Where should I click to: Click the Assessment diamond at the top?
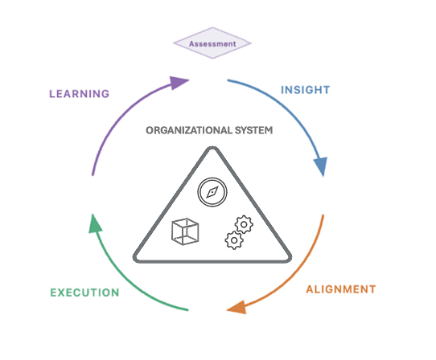[212, 43]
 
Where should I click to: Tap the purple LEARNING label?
[80, 94]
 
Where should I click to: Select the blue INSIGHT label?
[306, 90]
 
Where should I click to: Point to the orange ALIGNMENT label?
[341, 289]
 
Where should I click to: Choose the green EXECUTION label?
[84, 292]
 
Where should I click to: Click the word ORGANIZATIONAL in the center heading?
[189, 130]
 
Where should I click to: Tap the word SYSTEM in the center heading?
[253, 130]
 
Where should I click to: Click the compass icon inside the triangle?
[212, 192]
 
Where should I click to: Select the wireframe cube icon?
[185, 231]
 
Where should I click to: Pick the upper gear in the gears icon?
[244, 224]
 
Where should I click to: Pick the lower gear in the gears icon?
[234, 240]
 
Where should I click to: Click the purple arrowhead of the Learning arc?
[179, 83]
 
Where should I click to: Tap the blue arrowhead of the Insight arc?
[321, 166]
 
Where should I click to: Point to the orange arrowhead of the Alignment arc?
[238, 308]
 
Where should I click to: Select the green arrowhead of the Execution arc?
[95, 224]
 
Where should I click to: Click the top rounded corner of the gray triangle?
[212, 149]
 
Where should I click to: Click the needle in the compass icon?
[212, 192]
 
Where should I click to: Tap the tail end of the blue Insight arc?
[228, 80]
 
